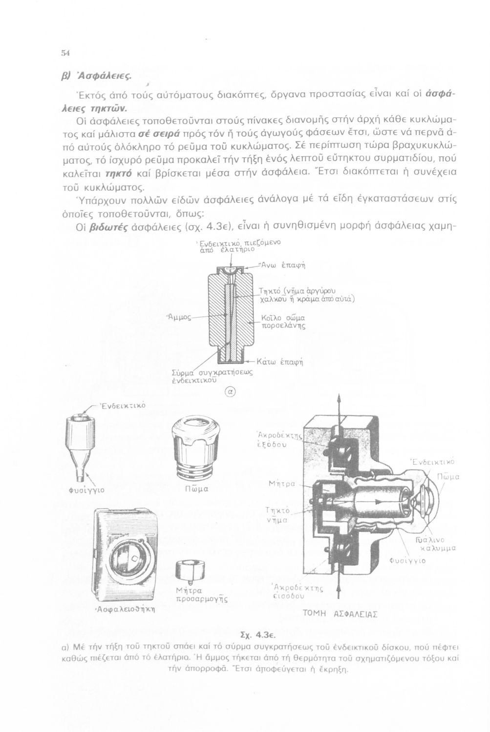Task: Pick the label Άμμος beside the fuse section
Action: (x=179, y=317)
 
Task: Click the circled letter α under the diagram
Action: (x=230, y=391)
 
